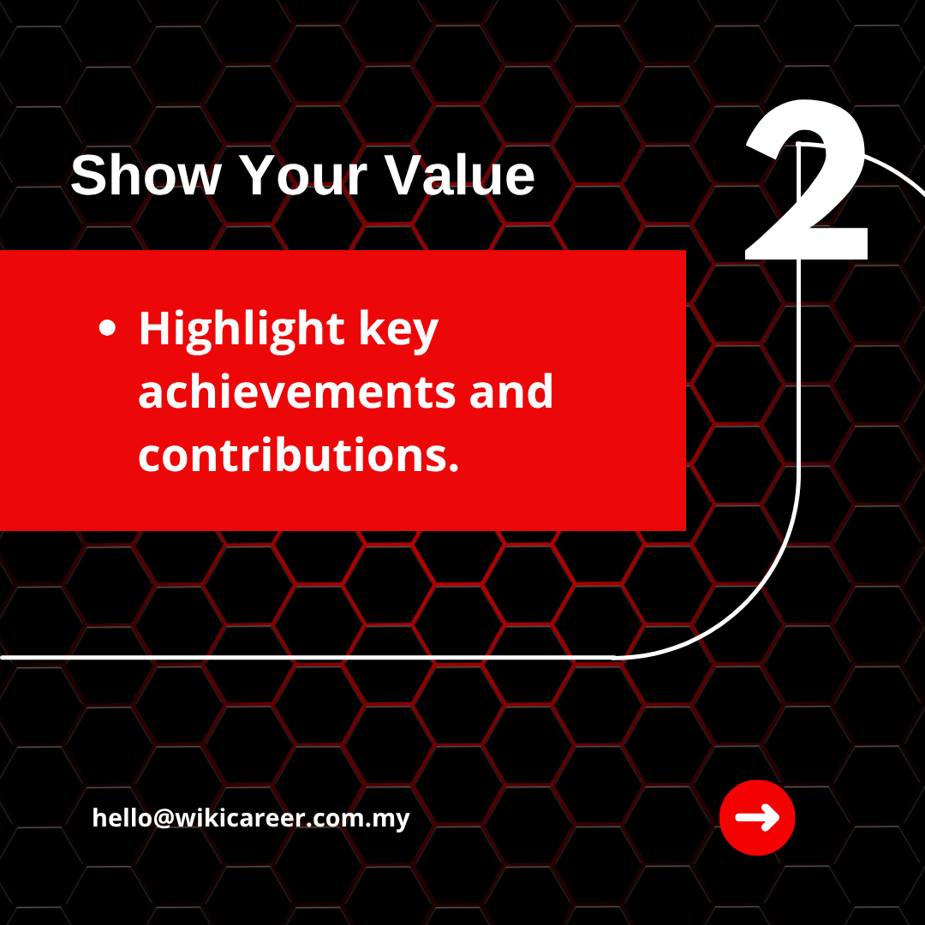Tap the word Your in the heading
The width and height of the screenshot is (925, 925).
click(x=303, y=176)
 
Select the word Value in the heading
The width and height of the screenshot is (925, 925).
click(x=460, y=176)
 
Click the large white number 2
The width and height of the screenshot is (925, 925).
click(x=806, y=181)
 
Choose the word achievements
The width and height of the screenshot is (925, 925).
click(x=296, y=391)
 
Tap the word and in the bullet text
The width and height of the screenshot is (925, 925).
click(x=510, y=391)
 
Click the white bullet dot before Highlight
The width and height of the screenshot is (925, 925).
click(x=107, y=328)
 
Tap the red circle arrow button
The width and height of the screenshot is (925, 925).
click(x=757, y=817)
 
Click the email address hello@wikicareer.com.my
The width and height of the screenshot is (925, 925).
click(x=251, y=818)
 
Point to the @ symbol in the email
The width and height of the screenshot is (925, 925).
click(x=164, y=819)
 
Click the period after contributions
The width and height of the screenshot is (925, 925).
click(x=454, y=468)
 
